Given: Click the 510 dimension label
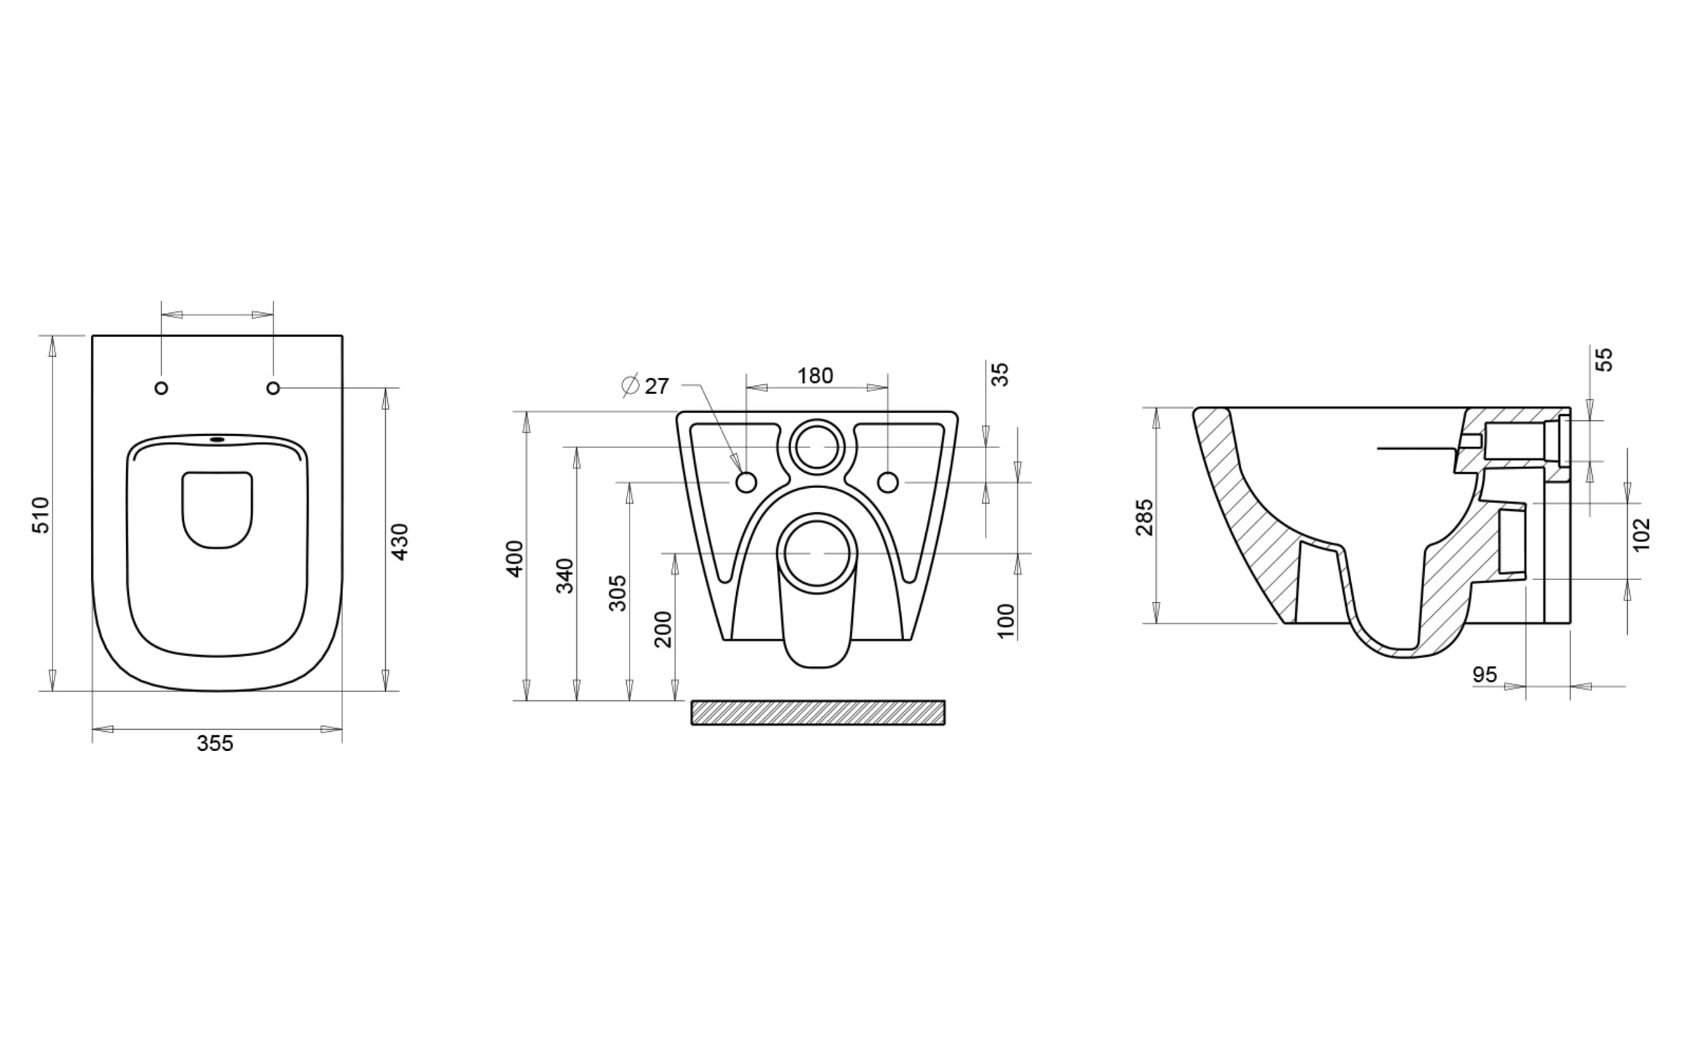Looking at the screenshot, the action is click(41, 515).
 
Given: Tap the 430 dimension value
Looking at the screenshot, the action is click(400, 541).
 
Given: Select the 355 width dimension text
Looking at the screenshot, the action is click(215, 744).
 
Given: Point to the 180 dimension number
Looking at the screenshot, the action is click(815, 376).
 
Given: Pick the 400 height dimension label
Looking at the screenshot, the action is click(515, 558).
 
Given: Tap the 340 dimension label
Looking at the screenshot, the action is click(566, 575).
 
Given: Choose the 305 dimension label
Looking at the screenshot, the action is click(617, 593).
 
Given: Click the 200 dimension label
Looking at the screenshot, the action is click(664, 629).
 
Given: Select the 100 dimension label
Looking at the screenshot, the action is click(1006, 621).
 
